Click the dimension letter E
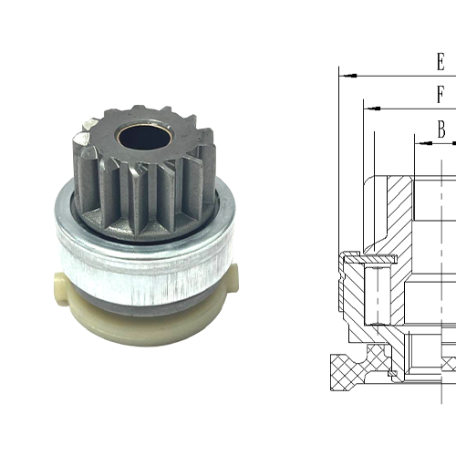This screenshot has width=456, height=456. coord(440,62)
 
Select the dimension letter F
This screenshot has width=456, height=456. coord(440,95)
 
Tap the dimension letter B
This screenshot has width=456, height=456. coord(441,130)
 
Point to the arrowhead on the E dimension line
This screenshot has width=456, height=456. coord(346,74)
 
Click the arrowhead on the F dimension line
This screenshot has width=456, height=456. coord(371,108)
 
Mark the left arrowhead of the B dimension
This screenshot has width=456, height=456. coord(422,142)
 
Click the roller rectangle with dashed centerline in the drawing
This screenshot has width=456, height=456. coord(375,292)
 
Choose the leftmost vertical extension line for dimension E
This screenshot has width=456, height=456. coord(338,228)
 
